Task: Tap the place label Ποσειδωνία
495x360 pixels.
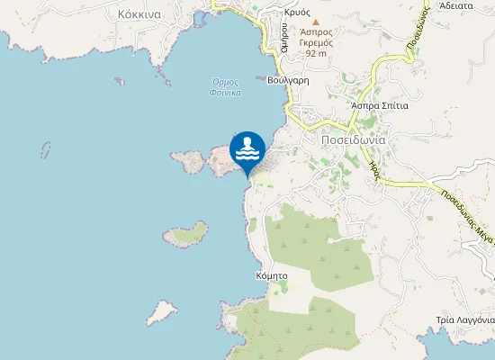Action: coord(353,139)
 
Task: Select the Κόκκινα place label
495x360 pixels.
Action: coord(139,14)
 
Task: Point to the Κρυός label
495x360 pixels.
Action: coord(296,13)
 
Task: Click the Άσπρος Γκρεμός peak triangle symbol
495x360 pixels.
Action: coord(315,20)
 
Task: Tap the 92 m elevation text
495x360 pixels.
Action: coord(315,53)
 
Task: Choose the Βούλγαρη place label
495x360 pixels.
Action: coord(288,80)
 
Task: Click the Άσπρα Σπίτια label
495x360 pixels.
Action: coord(380,105)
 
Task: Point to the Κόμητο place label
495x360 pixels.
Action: coord(271,275)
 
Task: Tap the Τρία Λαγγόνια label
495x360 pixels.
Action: coord(464,320)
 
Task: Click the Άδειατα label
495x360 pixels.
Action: coord(456,4)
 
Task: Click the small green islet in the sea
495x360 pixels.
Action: coord(186,235)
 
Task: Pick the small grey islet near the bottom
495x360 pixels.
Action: coord(161,311)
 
